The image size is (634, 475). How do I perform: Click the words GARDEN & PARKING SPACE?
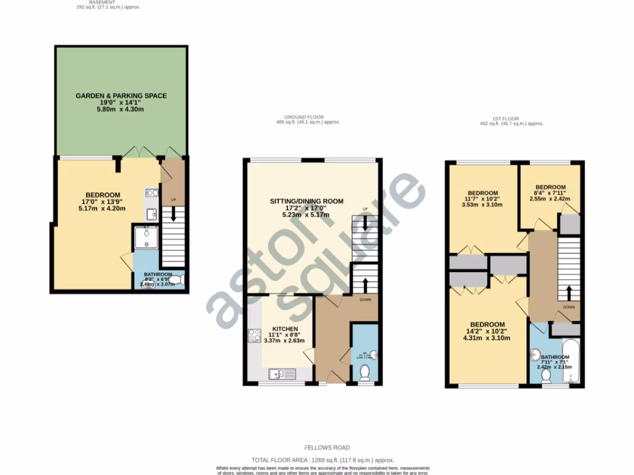click(121, 96)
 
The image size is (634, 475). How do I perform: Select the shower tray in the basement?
click(147, 237)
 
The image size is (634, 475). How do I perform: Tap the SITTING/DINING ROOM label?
click(306, 201)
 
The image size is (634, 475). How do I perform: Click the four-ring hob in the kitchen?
click(254, 336)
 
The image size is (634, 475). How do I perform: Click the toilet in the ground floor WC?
click(365, 372)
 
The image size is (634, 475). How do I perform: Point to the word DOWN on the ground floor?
click(365, 300)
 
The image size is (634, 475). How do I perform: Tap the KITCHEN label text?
click(285, 328)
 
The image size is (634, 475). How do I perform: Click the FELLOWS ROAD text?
click(327, 447)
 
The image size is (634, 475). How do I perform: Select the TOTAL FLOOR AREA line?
click(323, 460)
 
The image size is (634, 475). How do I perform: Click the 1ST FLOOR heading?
click(506, 118)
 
